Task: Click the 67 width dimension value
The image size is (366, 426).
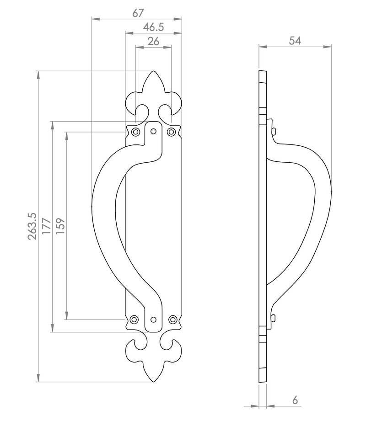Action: click(x=138, y=13)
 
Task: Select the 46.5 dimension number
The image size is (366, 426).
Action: click(x=154, y=27)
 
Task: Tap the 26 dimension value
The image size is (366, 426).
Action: click(x=153, y=41)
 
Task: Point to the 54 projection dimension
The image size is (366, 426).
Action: click(x=295, y=41)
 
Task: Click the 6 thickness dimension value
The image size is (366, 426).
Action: click(x=295, y=400)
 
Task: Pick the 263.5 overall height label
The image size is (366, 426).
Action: click(x=32, y=226)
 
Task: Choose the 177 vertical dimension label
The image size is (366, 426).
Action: click(x=47, y=226)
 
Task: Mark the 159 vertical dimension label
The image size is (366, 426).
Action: click(x=60, y=226)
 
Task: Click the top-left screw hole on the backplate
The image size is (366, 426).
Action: click(x=135, y=132)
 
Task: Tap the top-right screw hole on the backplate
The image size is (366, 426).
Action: click(x=171, y=132)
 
